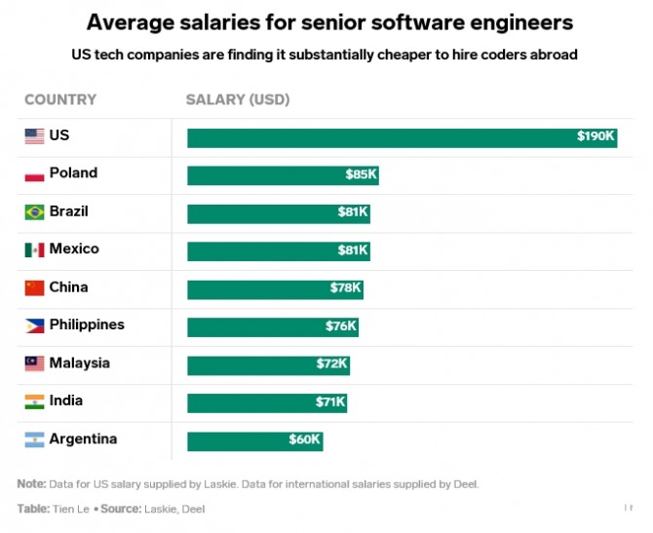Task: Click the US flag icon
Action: point(34,136)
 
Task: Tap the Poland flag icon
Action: point(34,174)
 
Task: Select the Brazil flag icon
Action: point(34,212)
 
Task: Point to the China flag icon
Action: point(34,287)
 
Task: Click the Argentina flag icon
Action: point(34,439)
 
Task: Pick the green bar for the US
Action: point(403,137)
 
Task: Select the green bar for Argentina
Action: point(254,440)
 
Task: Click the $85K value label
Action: point(361,175)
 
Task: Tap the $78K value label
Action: point(345,288)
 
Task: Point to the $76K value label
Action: point(341,326)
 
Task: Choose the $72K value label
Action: point(331,364)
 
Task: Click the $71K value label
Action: point(329,402)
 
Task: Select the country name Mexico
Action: point(74,249)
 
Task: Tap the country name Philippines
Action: point(87,325)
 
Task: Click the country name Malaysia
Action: point(79,363)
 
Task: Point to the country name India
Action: point(66,401)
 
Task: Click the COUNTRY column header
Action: point(60,99)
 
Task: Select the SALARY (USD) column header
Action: point(238,99)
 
